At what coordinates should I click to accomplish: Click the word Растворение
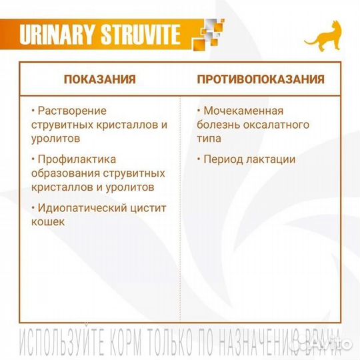(x=73, y=110)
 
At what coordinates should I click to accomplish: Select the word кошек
(x=48, y=221)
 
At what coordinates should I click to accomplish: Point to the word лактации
(x=272, y=159)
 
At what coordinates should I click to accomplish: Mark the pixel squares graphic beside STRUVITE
(x=206, y=35)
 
